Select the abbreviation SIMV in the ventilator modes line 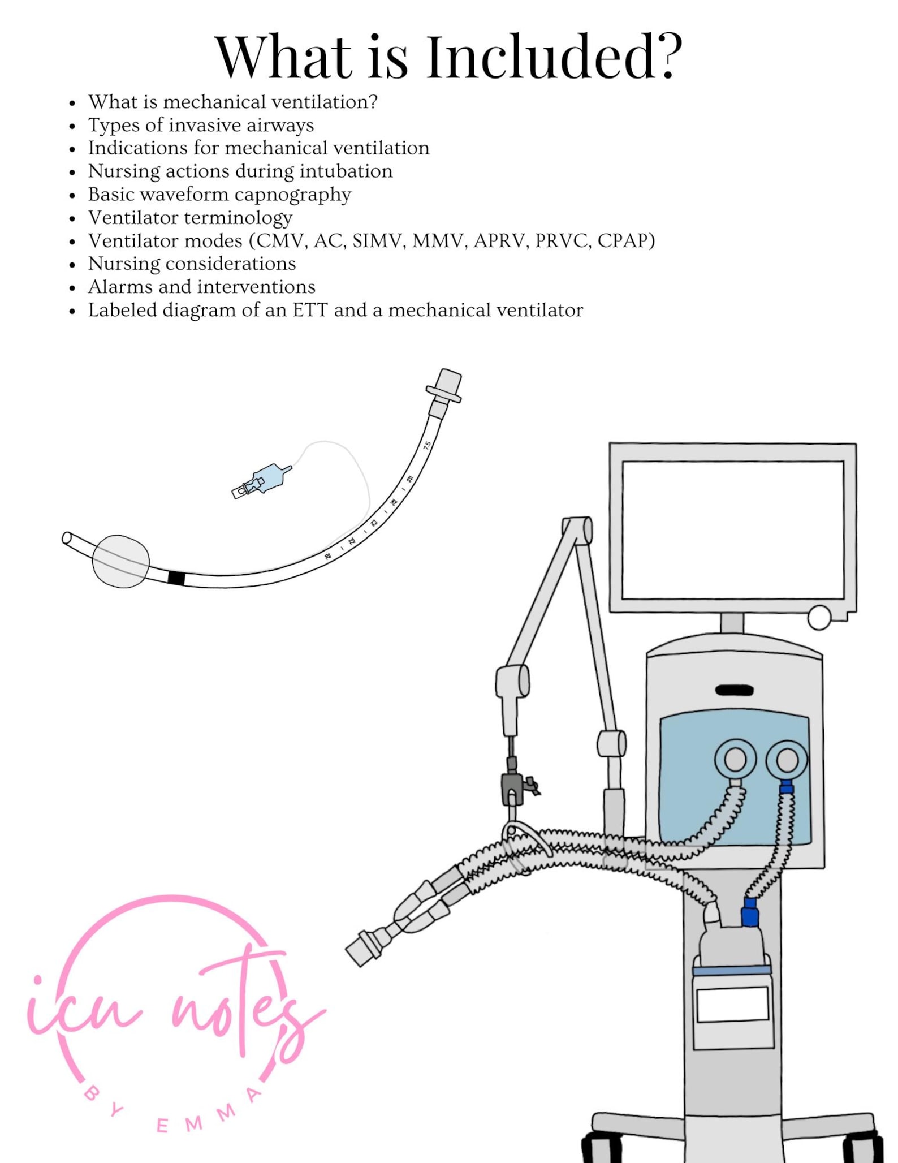pyautogui.click(x=377, y=241)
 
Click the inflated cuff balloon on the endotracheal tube pyautogui.click(x=120, y=561)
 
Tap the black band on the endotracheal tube pyautogui.click(x=176, y=578)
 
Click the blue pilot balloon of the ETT pyautogui.click(x=271, y=478)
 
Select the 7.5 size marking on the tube pyautogui.click(x=428, y=445)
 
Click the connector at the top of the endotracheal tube pyautogui.click(x=445, y=386)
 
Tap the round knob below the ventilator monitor pyautogui.click(x=818, y=617)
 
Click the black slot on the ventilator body pyautogui.click(x=734, y=690)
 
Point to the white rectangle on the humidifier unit pyautogui.click(x=732, y=1005)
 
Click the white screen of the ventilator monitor pyautogui.click(x=732, y=529)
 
